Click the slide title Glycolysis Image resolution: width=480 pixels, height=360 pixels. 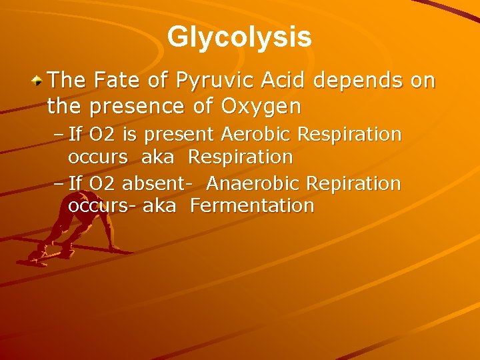[x=239, y=37]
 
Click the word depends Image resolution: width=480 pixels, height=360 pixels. [x=357, y=82]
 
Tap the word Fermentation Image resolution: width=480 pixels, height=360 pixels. [x=252, y=205]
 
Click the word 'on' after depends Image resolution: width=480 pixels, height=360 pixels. [x=423, y=81]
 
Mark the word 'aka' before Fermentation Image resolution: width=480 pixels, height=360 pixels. [x=159, y=205]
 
